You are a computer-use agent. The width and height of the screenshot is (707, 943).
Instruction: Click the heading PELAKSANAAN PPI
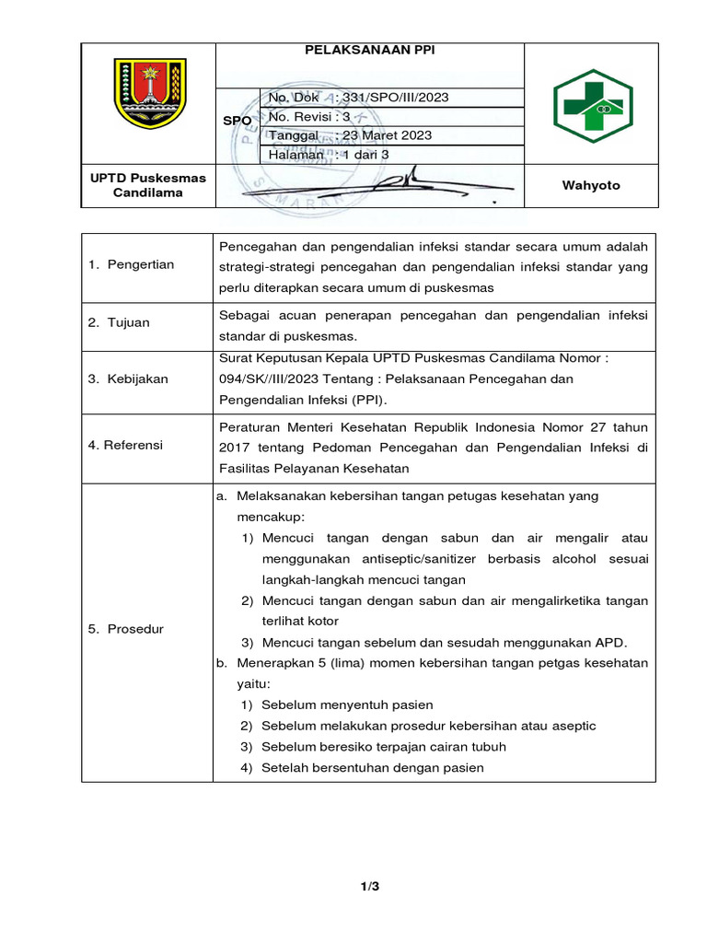coord(369,52)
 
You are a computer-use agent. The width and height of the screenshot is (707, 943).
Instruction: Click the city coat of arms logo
coord(148,94)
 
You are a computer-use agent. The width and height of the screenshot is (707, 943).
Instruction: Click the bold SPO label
coord(238,121)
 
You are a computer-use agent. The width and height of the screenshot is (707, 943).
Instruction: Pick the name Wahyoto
coord(591,185)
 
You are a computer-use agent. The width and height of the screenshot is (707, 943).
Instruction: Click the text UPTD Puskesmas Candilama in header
coord(148,185)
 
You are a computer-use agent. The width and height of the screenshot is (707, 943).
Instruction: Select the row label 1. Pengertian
coord(132,265)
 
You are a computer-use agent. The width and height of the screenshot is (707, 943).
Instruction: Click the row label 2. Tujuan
coord(120,323)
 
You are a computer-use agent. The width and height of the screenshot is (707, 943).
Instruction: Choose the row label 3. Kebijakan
coord(129,379)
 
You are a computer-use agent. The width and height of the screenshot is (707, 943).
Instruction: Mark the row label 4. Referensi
coord(126,446)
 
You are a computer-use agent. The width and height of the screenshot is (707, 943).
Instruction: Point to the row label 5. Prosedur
coord(125,630)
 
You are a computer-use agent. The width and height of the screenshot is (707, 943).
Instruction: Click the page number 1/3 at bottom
coord(369,887)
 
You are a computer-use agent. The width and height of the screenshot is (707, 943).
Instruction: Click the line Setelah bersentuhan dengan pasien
coord(372,768)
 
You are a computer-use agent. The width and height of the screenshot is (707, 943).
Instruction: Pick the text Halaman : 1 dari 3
coord(329,155)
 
